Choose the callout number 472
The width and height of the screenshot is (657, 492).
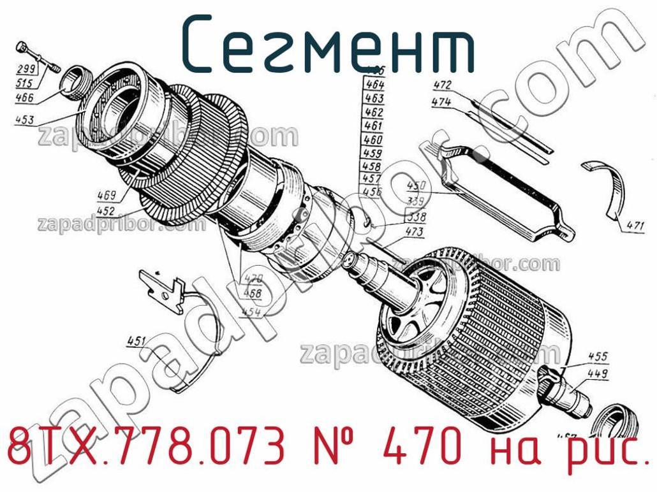[x=442, y=85]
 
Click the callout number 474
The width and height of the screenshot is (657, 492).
[x=441, y=102]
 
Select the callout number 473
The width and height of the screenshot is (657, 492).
[x=414, y=232]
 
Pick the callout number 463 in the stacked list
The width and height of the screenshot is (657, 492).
[x=374, y=99]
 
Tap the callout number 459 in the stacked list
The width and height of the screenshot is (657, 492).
[x=373, y=154]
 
